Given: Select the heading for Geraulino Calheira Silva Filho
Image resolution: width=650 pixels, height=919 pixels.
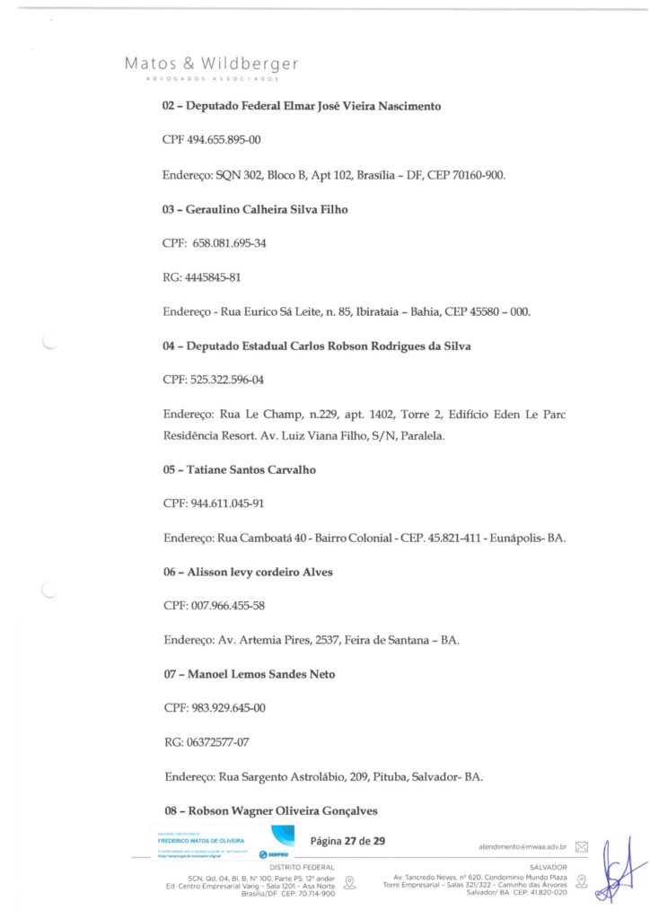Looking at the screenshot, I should (x=255, y=209).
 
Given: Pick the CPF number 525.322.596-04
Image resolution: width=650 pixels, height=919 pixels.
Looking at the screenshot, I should (x=226, y=381).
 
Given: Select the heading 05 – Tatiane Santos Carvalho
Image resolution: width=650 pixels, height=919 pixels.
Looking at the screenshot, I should (x=239, y=469).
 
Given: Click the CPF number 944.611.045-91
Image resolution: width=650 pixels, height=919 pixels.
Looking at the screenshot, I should (x=226, y=503).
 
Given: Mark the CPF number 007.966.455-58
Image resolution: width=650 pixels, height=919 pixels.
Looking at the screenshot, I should (x=226, y=606).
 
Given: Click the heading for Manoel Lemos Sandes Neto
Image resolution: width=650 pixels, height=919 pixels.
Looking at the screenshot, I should (x=250, y=674).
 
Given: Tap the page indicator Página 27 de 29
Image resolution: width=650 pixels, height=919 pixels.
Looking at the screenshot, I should (x=347, y=841).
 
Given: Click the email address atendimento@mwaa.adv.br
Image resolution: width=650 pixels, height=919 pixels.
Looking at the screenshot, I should (x=522, y=846).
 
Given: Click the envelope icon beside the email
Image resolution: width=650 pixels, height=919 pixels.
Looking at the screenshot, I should (x=581, y=846).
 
